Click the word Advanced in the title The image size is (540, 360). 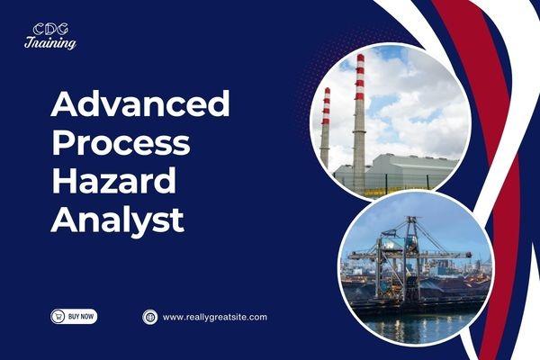(x=140, y=104)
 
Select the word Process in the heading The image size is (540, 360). (x=120, y=142)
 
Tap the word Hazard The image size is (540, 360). (x=113, y=180)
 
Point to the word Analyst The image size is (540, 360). (x=117, y=219)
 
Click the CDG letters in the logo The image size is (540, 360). (x=50, y=29)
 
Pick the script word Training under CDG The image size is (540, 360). (x=50, y=42)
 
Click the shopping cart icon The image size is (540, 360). (x=59, y=317)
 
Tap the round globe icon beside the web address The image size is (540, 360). (x=150, y=317)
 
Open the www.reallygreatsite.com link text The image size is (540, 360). (x=214, y=317)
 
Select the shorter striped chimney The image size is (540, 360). (x=325, y=126)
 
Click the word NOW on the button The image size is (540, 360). (x=84, y=317)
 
